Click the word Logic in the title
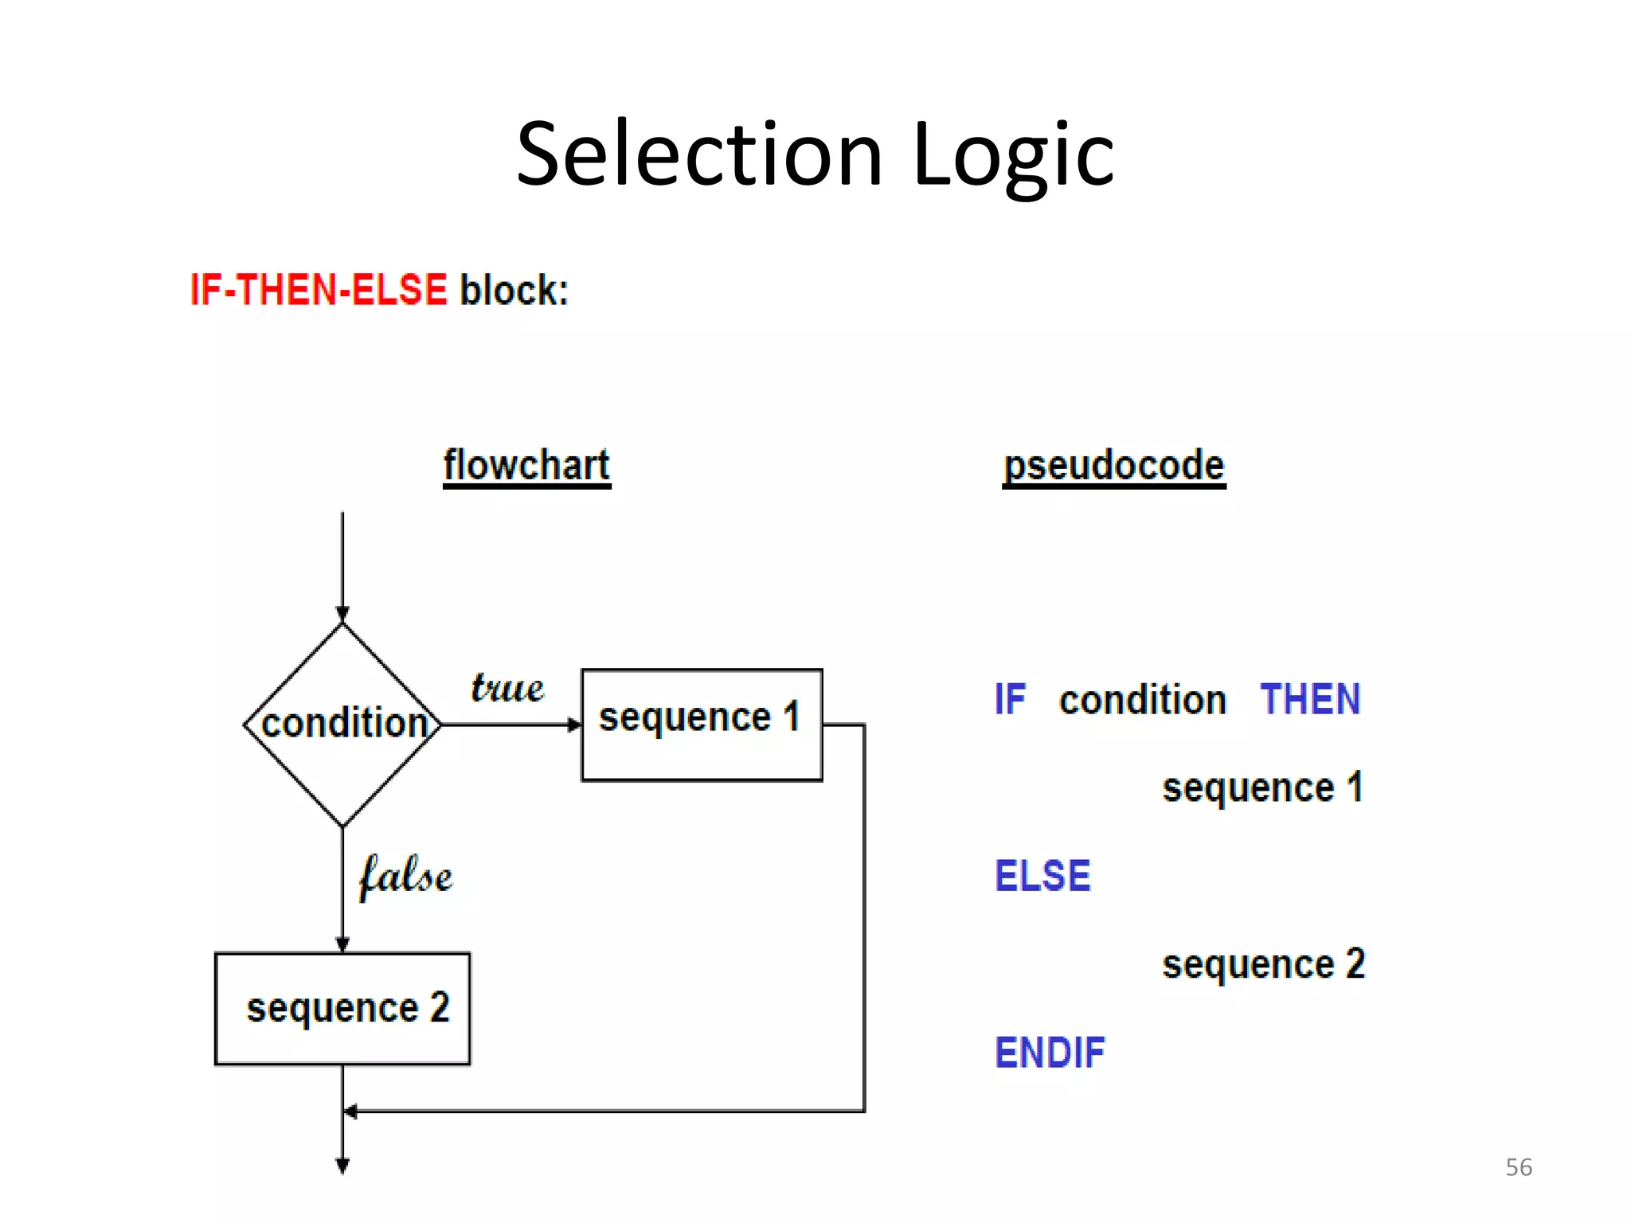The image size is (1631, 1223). tap(1013, 155)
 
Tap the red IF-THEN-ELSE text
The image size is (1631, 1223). tap(319, 289)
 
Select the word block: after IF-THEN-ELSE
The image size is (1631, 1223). tap(514, 290)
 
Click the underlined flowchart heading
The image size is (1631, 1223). tap(526, 465)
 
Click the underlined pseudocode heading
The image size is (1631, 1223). tap(1113, 465)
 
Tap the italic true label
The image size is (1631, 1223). tap(507, 687)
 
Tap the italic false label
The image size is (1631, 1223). tap(405, 876)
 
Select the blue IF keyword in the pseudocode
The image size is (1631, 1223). tap(1010, 700)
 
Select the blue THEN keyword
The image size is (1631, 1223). tap(1310, 700)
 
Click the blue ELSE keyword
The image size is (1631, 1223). tap(1042, 876)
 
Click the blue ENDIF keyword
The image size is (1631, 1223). tap(1050, 1053)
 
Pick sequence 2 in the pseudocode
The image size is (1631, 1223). tap(1263, 964)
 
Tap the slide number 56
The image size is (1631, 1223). tap(1518, 1167)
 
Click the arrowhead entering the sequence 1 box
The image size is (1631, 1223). tap(574, 725)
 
